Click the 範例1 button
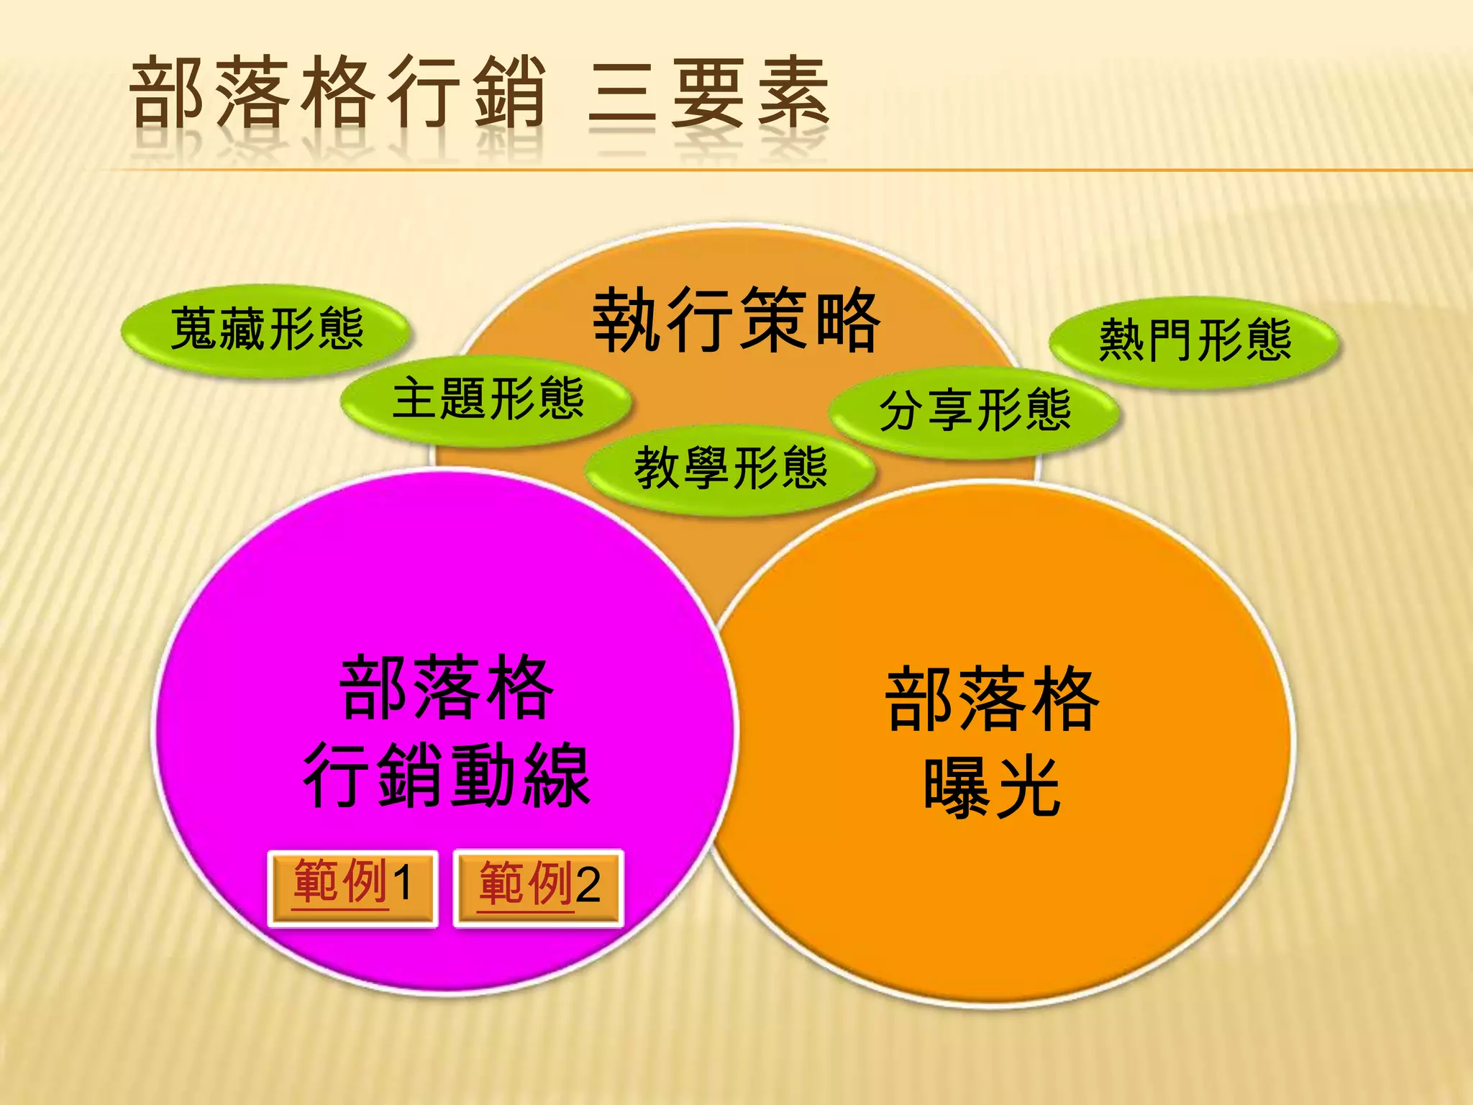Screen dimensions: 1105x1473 352,889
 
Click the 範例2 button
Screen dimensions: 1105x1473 538,889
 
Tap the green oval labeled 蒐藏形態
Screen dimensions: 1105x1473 267,329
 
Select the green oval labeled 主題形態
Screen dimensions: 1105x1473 487,399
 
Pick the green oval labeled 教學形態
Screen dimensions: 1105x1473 730,468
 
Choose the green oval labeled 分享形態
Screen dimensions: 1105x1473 975,411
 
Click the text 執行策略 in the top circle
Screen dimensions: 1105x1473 735,321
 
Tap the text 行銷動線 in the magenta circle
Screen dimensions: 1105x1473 447,776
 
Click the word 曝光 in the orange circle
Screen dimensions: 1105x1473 992,788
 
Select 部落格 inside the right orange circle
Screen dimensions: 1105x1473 992,699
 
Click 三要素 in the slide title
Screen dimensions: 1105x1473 708,95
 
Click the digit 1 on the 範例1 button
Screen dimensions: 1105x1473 402,883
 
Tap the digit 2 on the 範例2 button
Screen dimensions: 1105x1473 588,885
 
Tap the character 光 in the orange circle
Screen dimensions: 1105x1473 1028,788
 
